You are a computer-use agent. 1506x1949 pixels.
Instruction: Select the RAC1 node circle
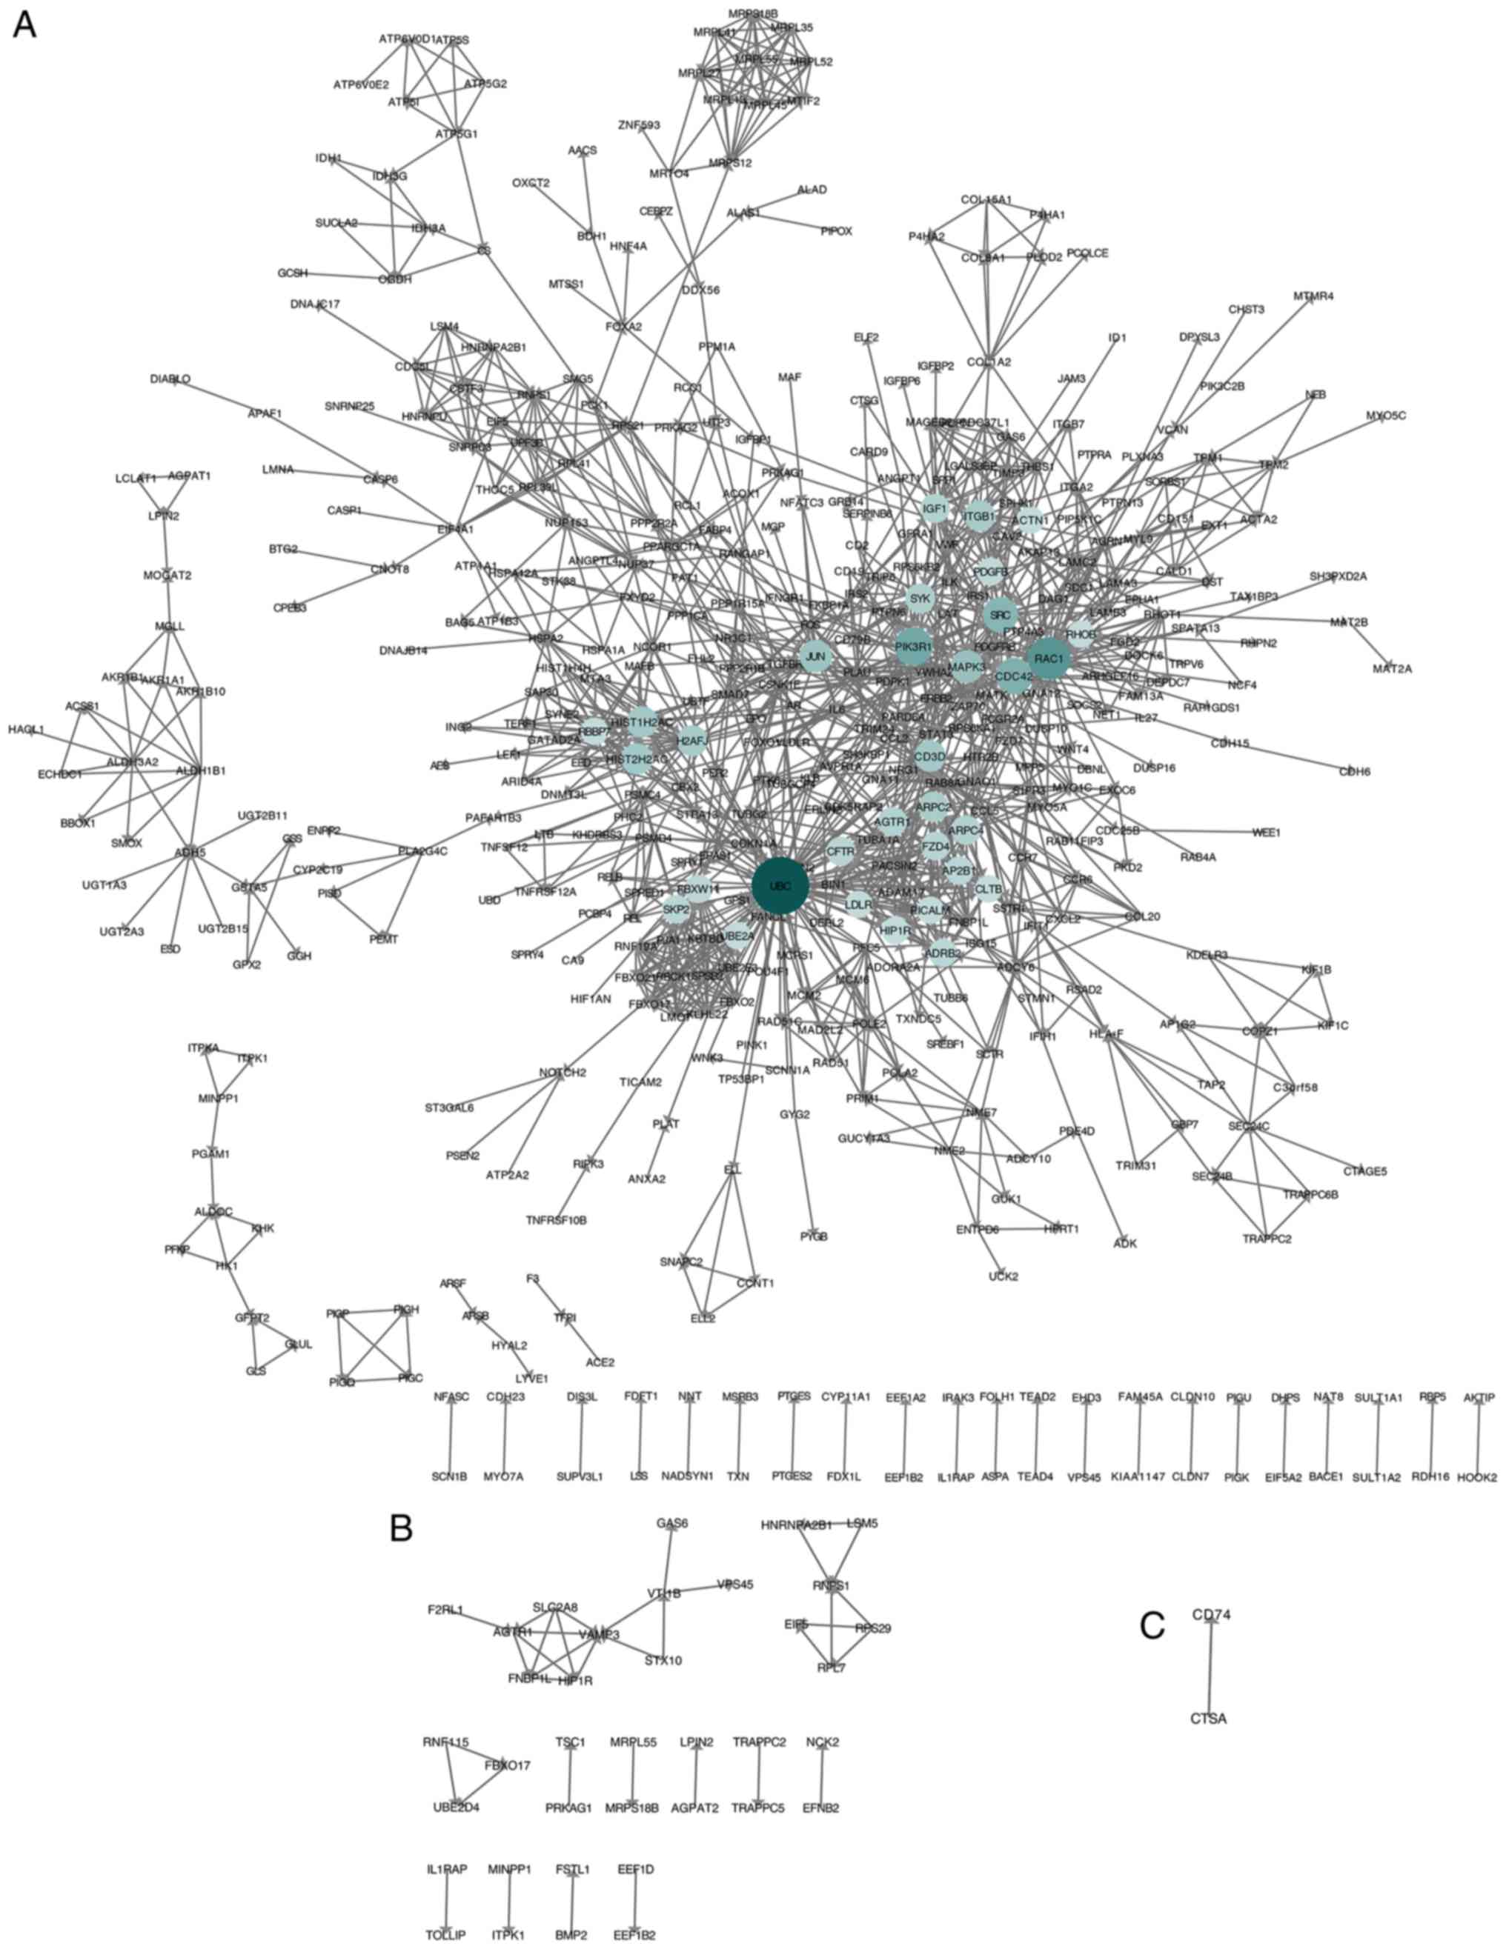pyautogui.click(x=1048, y=659)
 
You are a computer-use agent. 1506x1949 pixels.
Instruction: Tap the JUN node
pyautogui.click(x=815, y=658)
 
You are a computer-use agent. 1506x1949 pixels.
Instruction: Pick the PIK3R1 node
pyautogui.click(x=913, y=646)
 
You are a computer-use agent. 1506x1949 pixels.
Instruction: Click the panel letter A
pyautogui.click(x=24, y=25)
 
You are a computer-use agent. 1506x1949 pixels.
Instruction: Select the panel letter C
pyautogui.click(x=1152, y=1625)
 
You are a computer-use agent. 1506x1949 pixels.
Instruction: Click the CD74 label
pyautogui.click(x=1212, y=1614)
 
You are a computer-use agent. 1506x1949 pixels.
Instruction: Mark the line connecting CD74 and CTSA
pyautogui.click(x=1210, y=1666)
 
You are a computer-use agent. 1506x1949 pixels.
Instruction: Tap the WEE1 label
pyautogui.click(x=1266, y=833)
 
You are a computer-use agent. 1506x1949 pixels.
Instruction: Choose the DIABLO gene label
pyautogui.click(x=170, y=379)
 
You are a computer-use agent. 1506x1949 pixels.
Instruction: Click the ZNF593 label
pyautogui.click(x=639, y=125)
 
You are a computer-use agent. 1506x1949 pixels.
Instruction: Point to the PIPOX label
pyautogui.click(x=837, y=231)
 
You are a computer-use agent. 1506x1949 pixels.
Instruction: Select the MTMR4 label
pyautogui.click(x=1313, y=296)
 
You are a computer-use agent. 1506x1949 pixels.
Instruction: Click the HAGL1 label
pyautogui.click(x=26, y=730)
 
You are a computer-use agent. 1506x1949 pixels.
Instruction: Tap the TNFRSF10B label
pyautogui.click(x=556, y=1220)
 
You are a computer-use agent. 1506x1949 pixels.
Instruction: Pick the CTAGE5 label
pyautogui.click(x=1366, y=1172)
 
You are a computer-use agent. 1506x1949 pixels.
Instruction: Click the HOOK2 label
pyautogui.click(x=1476, y=1477)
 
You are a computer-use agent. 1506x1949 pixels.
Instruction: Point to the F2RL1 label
pyautogui.click(x=445, y=1610)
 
